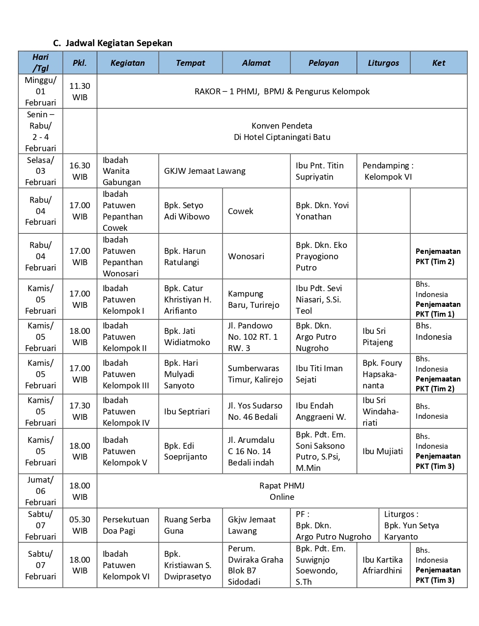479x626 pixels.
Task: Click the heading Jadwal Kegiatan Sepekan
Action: [x=118, y=43]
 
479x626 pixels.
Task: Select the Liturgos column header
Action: [x=383, y=63]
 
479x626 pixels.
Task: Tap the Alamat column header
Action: [x=256, y=63]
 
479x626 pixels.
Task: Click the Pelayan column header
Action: [x=323, y=63]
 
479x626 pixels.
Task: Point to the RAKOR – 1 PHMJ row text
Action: [x=282, y=91]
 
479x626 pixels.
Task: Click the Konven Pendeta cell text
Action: [x=282, y=131]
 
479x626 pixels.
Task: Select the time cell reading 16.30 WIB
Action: [x=80, y=171]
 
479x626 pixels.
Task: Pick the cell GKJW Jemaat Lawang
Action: [x=204, y=171]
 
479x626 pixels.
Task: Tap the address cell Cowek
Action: [x=241, y=211]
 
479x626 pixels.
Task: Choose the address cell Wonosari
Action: [x=246, y=256]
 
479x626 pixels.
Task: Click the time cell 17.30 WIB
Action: [x=80, y=411]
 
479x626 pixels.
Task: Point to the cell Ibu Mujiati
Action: [x=382, y=451]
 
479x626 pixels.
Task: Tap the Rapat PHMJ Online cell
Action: [x=282, y=491]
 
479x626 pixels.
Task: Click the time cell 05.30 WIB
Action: [x=80, y=525]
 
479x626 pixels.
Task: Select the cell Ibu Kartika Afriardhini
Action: [x=382, y=565]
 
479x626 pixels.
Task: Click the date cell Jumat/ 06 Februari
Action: [x=40, y=491]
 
